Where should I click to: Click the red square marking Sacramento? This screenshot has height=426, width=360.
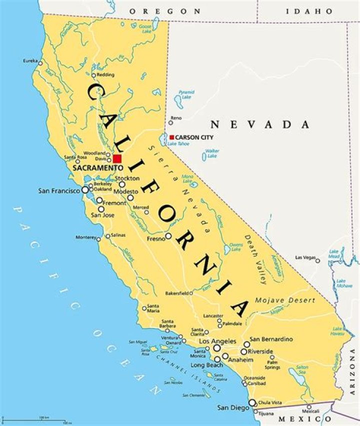point(117,158)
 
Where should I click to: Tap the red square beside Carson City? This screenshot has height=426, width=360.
point(171,137)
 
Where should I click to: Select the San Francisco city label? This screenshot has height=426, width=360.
point(59,190)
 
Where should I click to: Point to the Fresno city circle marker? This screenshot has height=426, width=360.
point(168,236)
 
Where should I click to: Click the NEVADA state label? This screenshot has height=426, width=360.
point(259,125)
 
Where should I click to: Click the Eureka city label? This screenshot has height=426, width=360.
point(30,61)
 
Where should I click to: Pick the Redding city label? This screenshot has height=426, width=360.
point(105,75)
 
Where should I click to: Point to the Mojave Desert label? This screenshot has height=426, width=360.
point(285,300)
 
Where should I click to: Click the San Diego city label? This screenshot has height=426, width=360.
point(232,408)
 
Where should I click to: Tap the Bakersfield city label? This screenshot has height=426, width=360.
point(176,293)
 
